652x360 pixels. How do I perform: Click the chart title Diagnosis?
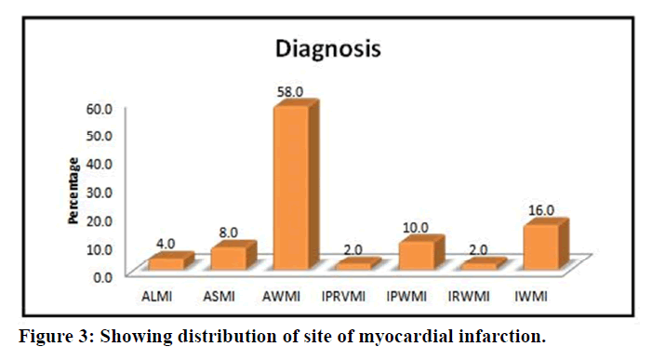(x=328, y=49)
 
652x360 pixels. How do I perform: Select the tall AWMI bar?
(x=296, y=185)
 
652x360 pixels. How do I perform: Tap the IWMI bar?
(x=546, y=245)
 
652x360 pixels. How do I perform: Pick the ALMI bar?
(x=171, y=261)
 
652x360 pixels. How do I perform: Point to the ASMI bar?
(x=233, y=256)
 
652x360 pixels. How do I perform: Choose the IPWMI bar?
(x=420, y=253)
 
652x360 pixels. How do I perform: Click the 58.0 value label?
(x=290, y=92)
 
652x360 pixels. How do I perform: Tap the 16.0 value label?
(x=541, y=210)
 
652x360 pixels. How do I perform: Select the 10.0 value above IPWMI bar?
(x=416, y=228)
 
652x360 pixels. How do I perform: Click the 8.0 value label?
(x=228, y=233)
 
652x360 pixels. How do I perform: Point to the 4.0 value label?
(x=166, y=244)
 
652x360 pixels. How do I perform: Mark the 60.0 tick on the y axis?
(x=99, y=109)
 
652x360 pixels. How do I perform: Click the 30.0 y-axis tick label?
(x=99, y=193)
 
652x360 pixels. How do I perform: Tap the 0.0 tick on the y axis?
(x=102, y=277)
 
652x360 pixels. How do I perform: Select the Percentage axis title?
(x=73, y=191)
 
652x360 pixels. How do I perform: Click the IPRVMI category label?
(x=343, y=297)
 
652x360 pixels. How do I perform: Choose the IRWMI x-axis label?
(x=469, y=297)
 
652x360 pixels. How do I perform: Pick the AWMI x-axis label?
(x=281, y=297)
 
